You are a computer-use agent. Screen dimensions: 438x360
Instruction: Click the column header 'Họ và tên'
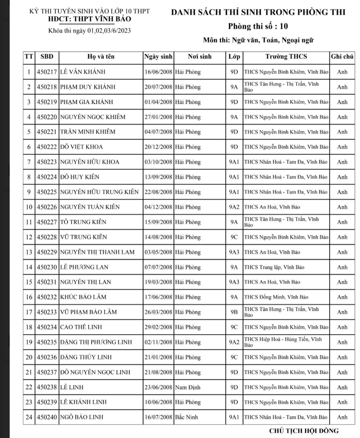click(x=101, y=57)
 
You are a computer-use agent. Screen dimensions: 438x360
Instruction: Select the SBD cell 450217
click(x=47, y=72)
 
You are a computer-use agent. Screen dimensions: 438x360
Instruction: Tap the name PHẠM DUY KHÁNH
click(x=88, y=87)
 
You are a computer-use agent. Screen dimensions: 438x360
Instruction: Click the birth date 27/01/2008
click(x=158, y=117)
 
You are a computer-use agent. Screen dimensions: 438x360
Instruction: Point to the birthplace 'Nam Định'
click(x=188, y=387)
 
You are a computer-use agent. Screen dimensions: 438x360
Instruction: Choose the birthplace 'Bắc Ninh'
click(x=186, y=417)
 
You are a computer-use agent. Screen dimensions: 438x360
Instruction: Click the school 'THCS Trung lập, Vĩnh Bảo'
click(x=274, y=267)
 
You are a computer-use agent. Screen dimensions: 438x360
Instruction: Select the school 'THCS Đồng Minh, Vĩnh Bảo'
click(x=276, y=297)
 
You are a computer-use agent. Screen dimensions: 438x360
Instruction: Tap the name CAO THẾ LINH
click(x=81, y=327)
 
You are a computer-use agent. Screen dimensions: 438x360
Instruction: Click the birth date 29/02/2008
click(x=158, y=327)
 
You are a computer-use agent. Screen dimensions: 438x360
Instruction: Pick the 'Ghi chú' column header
click(x=342, y=57)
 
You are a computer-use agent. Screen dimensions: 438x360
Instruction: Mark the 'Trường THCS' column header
click(x=286, y=57)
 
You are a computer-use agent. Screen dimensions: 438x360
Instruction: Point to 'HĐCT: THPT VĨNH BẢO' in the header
click(x=89, y=19)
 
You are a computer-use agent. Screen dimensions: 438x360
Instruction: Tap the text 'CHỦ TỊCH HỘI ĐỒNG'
click(x=304, y=431)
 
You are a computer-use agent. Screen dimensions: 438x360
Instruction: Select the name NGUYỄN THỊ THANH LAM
click(x=97, y=252)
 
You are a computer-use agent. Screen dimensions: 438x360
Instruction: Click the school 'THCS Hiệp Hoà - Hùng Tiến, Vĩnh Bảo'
click(x=283, y=342)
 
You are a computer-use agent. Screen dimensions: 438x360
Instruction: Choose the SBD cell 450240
click(x=47, y=417)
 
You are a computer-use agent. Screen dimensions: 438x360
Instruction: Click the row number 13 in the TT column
click(x=29, y=252)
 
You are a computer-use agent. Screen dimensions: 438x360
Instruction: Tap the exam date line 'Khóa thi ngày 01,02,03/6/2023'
click(x=90, y=31)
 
